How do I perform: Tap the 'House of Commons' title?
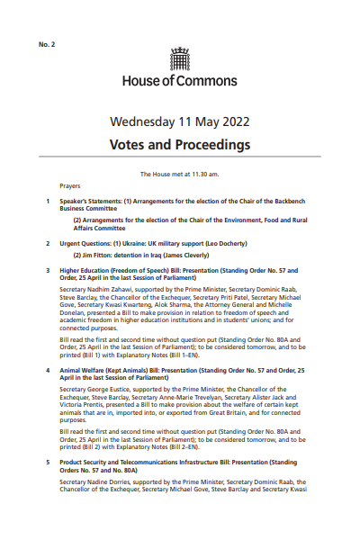coord(180,80)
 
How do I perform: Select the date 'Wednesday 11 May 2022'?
coord(180,121)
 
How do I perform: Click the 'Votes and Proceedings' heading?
coord(180,144)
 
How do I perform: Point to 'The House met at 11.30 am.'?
coord(180,173)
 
